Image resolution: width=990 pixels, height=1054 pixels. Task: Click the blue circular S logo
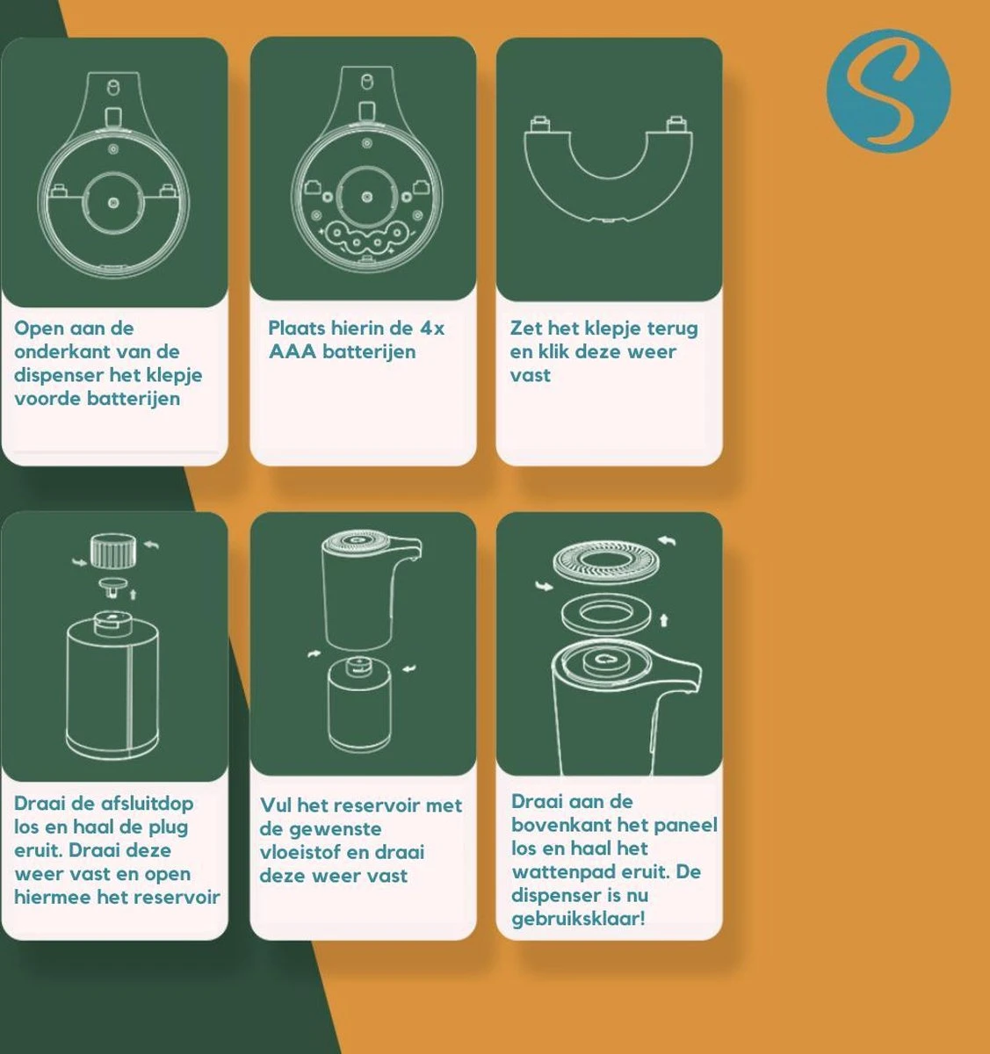888,90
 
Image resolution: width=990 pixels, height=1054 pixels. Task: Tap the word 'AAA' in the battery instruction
292,351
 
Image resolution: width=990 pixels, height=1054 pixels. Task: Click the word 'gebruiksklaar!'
578,919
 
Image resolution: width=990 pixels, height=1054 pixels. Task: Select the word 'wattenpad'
556,872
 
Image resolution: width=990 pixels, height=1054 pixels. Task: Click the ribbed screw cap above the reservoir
112,551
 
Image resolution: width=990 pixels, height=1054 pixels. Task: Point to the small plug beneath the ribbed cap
112,588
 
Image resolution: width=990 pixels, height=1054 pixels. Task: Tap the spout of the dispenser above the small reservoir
408,548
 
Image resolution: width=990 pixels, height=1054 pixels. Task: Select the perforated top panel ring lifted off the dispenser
607,561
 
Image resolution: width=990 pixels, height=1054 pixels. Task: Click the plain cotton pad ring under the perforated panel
606,616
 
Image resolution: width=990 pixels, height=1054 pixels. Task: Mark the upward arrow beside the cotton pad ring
663,620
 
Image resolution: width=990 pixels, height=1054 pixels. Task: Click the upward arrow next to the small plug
133,594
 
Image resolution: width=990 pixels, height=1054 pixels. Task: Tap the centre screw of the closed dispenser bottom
113,203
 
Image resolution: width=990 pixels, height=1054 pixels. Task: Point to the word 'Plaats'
296,328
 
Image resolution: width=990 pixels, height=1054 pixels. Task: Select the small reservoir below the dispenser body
359,704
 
